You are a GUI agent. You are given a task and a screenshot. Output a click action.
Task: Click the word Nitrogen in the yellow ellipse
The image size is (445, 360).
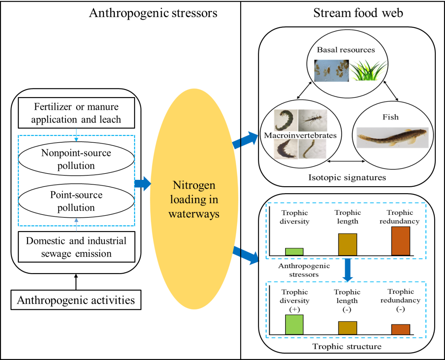click(194, 185)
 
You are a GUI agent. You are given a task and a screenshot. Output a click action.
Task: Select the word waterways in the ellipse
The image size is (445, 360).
click(194, 214)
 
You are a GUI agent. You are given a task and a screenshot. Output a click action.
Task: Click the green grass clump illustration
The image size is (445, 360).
click(369, 71)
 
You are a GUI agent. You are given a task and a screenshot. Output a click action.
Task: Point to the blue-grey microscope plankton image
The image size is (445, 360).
click(331, 70)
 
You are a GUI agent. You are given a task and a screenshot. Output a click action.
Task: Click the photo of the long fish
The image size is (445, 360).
click(392, 137)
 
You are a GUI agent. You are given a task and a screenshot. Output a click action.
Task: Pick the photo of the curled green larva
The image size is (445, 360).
click(286, 120)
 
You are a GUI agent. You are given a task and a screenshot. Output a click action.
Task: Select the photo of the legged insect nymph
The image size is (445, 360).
click(313, 120)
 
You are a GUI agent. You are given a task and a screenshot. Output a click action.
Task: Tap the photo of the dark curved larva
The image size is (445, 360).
click(285, 149)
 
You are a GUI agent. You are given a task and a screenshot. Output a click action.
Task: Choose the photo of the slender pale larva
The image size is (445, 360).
click(312, 149)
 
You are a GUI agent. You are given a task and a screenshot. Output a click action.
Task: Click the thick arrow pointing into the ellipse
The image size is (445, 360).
click(142, 184)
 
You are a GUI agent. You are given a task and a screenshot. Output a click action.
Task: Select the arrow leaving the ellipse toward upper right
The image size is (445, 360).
click(245, 140)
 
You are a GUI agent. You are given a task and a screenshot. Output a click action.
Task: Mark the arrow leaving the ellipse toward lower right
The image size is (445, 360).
click(245, 255)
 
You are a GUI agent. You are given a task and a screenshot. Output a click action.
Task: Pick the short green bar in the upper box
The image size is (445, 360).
click(294, 252)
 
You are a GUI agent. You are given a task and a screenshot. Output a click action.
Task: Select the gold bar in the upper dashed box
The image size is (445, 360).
click(348, 244)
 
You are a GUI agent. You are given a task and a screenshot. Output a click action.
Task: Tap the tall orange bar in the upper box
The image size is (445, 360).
click(400, 241)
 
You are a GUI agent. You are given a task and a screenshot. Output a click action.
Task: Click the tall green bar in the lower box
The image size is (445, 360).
click(294, 325)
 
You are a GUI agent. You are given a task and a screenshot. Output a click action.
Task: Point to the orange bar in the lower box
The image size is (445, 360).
click(400, 330)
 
